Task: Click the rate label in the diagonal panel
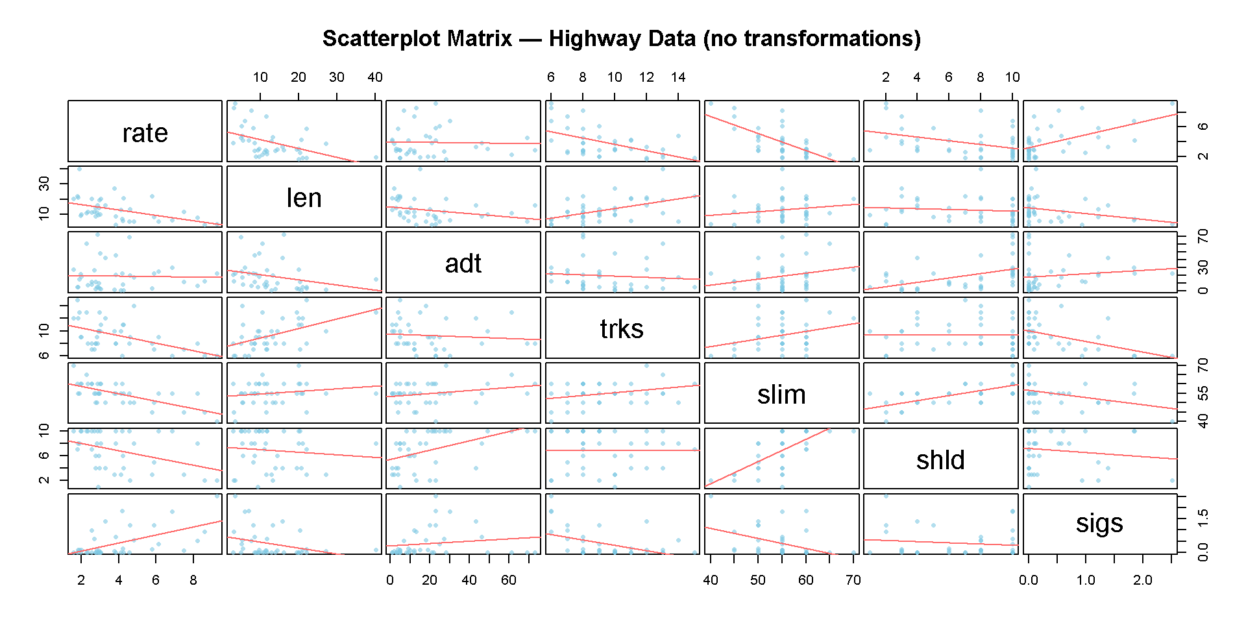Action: (145, 133)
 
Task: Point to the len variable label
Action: (304, 198)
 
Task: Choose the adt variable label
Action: (463, 263)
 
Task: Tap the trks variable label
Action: (622, 329)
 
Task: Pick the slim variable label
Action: (781, 395)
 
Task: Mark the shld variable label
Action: (940, 460)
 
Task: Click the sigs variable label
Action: (1099, 523)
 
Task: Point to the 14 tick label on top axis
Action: (678, 77)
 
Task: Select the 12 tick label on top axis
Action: (646, 77)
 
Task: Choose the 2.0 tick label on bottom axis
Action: (1143, 580)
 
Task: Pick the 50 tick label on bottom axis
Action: (758, 580)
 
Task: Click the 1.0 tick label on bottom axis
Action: (1086, 580)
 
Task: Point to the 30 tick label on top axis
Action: (336, 77)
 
